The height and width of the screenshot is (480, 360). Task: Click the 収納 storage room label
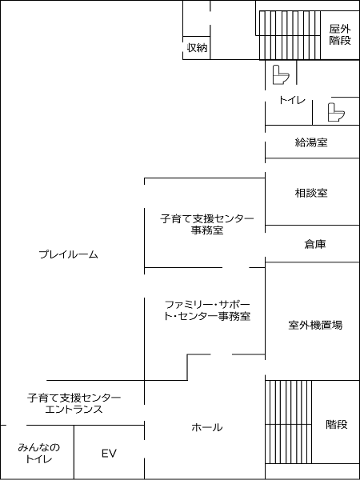point(197,48)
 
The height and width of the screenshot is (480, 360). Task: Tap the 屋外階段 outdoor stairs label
point(340,35)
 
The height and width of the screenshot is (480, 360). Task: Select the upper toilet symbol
point(281,74)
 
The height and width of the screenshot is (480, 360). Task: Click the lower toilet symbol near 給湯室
point(336,112)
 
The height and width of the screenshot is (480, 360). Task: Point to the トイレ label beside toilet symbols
point(292,100)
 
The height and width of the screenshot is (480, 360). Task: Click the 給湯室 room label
point(311,142)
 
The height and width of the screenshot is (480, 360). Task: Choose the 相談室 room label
point(311,193)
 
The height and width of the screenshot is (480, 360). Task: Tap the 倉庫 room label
point(315,244)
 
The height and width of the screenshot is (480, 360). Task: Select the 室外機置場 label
point(315,325)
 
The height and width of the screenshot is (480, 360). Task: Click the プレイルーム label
point(69,254)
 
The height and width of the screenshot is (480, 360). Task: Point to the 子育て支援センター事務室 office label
point(207,224)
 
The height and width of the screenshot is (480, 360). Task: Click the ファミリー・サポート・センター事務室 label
point(207,310)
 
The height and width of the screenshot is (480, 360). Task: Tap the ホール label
point(207,427)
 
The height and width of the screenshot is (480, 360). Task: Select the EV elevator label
point(110,454)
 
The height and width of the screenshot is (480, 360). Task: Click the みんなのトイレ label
point(38,454)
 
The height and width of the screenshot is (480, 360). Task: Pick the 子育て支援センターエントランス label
point(74,403)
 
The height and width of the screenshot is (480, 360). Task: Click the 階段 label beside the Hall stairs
point(337,425)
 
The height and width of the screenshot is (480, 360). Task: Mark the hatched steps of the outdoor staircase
point(290,35)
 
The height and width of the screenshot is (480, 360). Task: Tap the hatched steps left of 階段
point(288,422)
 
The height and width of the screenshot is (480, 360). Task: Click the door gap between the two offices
point(236,267)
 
